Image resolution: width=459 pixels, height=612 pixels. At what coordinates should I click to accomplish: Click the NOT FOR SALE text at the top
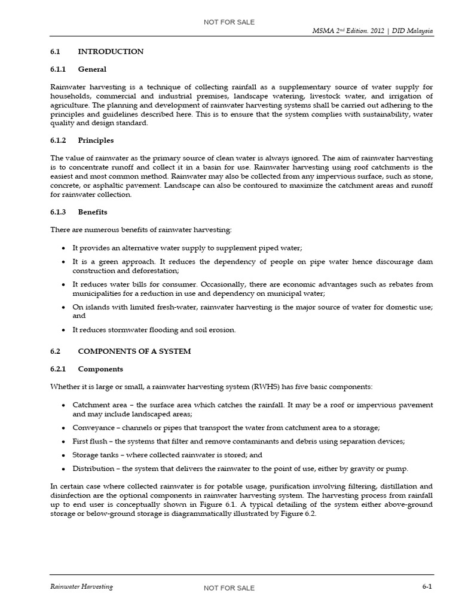pos(229,22)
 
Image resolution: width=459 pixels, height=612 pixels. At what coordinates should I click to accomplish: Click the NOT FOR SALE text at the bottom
pos(229,588)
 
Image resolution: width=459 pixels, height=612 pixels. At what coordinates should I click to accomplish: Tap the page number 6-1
pos(427,587)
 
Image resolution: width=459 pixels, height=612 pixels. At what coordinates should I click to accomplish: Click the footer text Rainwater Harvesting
pos(81,587)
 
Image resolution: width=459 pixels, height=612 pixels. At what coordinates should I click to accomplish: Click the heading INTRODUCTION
pos(111,51)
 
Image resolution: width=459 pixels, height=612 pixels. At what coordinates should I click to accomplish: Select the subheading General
pos(92,69)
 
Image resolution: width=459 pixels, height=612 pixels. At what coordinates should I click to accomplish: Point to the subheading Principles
pos(96,140)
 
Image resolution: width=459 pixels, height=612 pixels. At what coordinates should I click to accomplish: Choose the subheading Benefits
pos(93,212)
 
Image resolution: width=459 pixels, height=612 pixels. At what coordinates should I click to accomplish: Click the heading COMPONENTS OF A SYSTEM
pos(134,351)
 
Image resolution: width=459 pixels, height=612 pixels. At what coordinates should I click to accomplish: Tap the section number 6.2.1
pos(60,369)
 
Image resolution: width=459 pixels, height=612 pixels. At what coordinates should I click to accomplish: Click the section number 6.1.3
pos(60,212)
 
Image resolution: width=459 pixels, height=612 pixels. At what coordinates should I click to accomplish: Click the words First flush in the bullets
pos(90,441)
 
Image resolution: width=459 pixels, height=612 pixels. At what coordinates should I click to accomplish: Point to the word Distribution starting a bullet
pos(93,469)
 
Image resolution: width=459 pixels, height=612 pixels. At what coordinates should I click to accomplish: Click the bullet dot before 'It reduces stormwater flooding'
pos(63,330)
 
